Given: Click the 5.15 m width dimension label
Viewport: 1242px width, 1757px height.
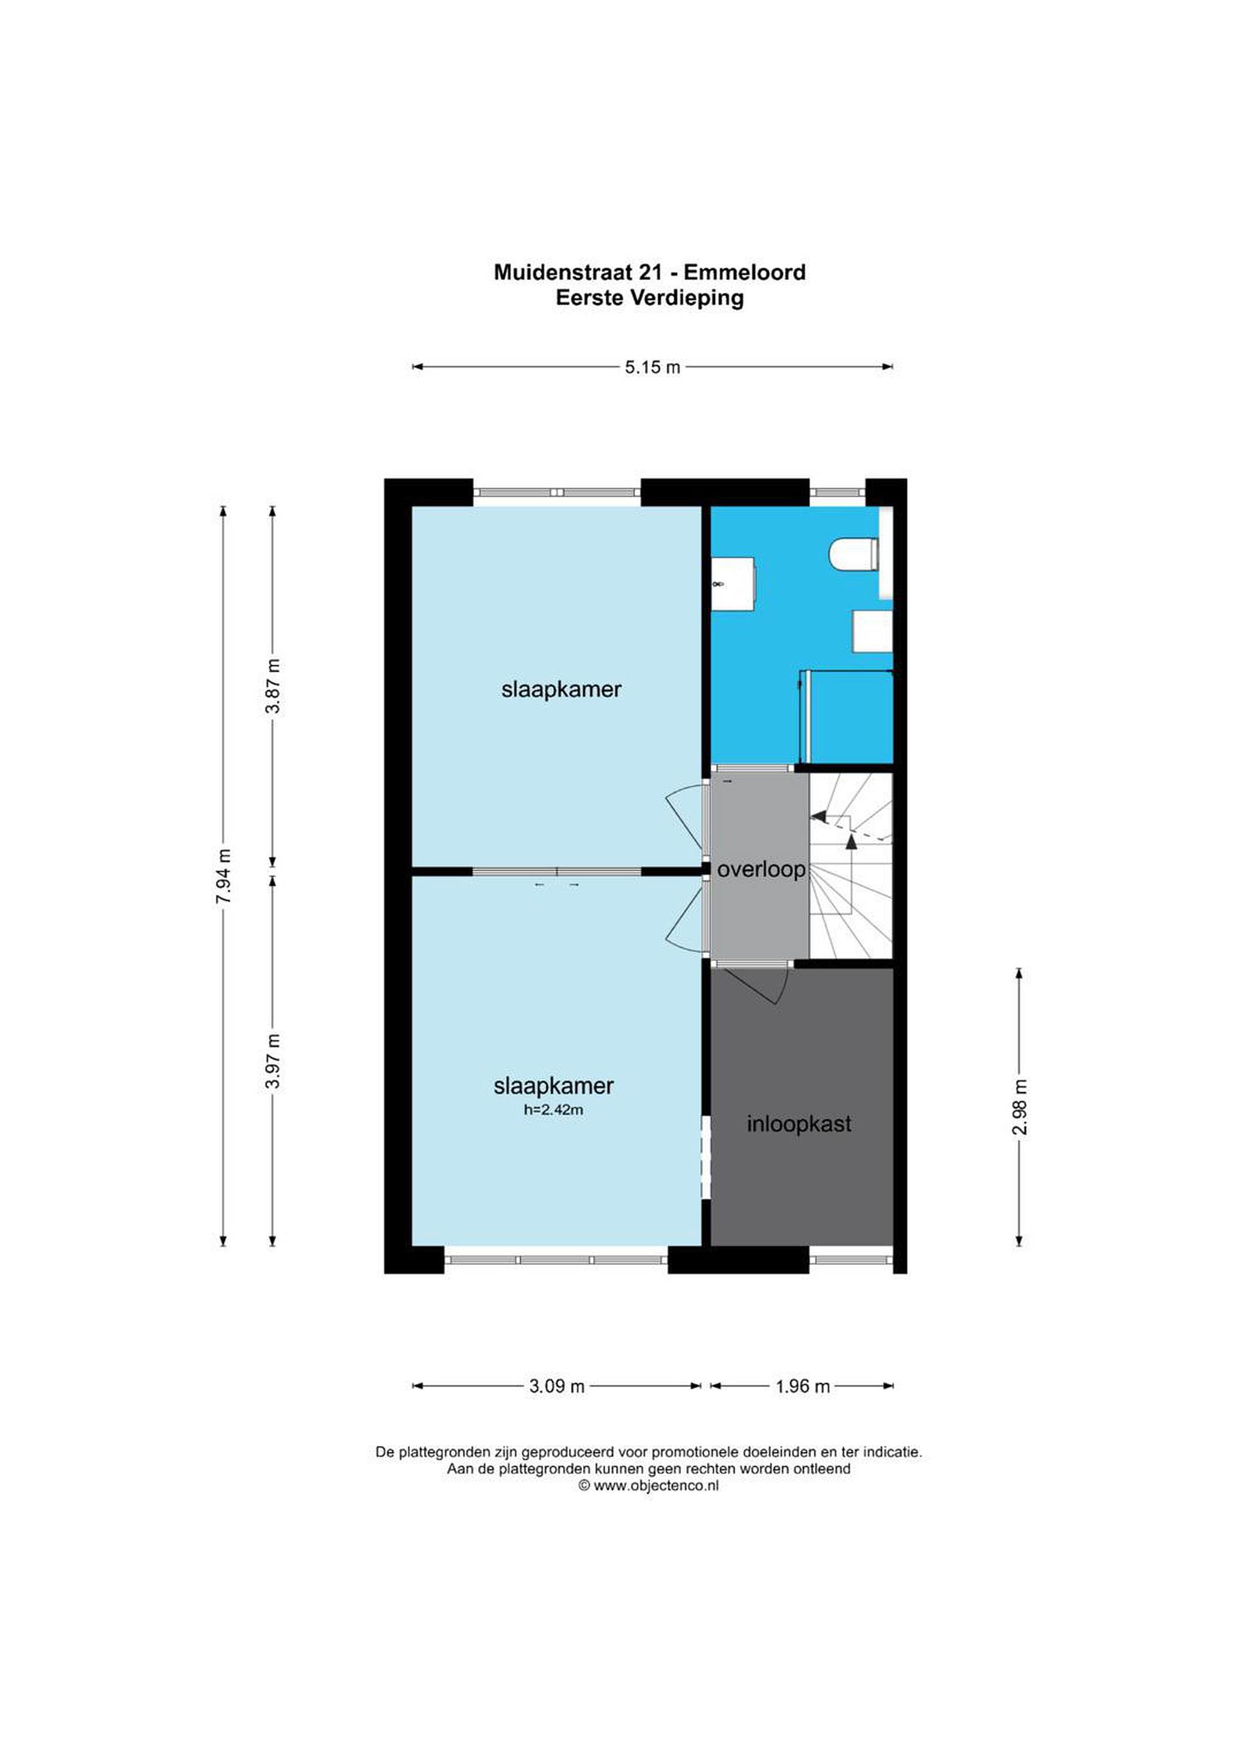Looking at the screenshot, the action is pyautogui.click(x=652, y=367).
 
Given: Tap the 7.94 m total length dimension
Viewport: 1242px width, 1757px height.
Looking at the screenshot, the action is pyautogui.click(x=223, y=876).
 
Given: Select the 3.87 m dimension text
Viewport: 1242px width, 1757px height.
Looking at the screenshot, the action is pyautogui.click(x=273, y=686).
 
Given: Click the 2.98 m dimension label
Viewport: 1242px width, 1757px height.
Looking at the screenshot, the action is pyautogui.click(x=1019, y=1107).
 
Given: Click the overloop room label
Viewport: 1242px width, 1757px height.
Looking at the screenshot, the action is pyautogui.click(x=761, y=870).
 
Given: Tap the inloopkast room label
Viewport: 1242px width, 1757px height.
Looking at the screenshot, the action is pyautogui.click(x=799, y=1124).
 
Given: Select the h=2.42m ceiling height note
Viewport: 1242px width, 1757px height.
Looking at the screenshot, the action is pyautogui.click(x=553, y=1110).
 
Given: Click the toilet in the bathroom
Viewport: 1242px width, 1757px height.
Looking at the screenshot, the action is pyautogui.click(x=855, y=555).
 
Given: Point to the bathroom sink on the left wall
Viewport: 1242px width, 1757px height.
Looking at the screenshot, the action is pyautogui.click(x=733, y=584).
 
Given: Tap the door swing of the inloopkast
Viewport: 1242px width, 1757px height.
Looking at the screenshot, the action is pyautogui.click(x=756, y=986).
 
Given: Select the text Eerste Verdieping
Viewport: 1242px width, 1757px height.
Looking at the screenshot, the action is pyautogui.click(x=650, y=298).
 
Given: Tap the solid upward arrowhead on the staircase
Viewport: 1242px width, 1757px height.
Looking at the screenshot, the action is pyautogui.click(x=851, y=842).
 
